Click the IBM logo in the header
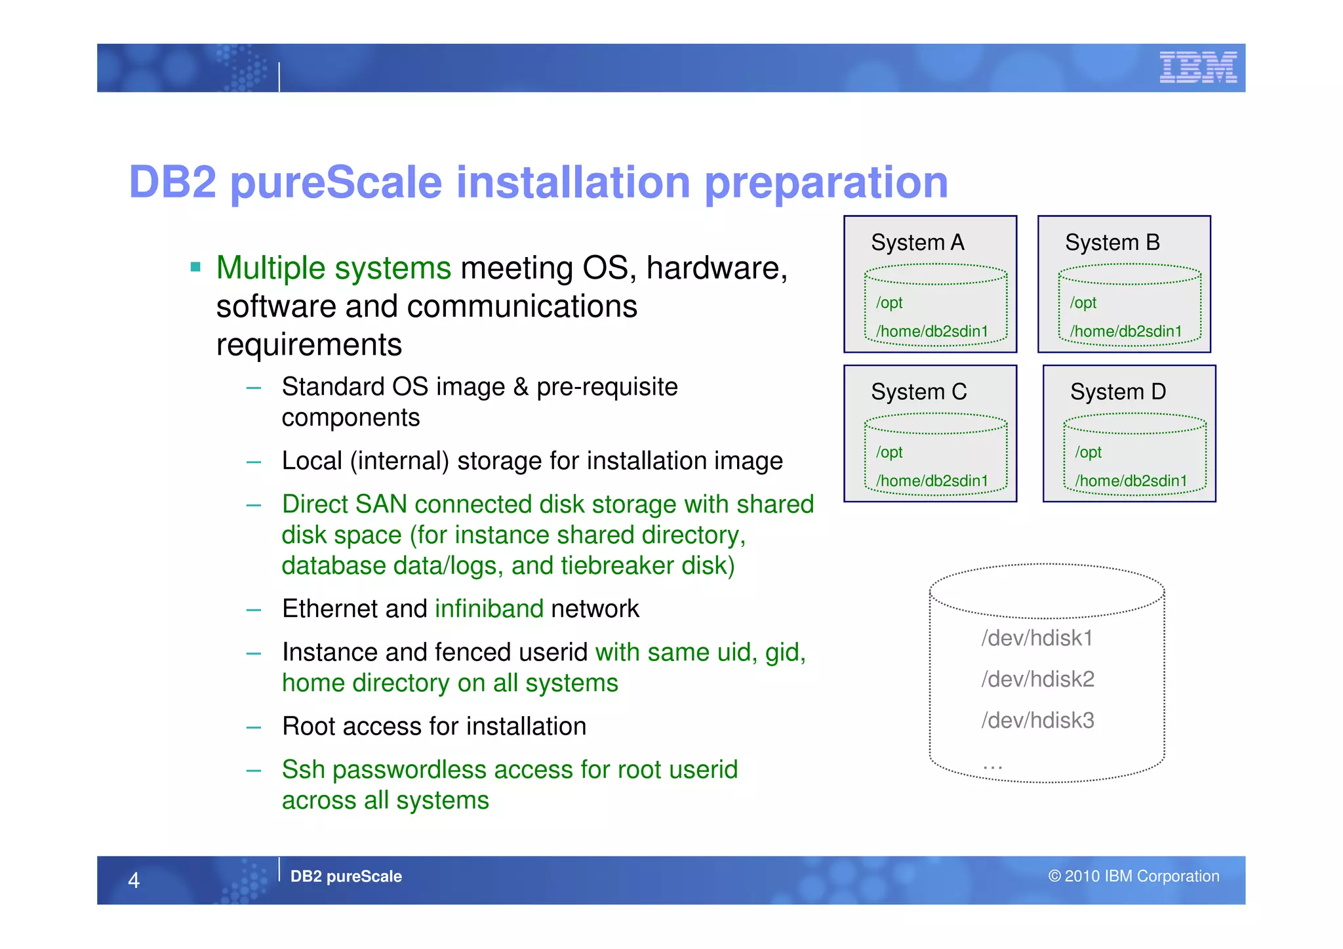1197,68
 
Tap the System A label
917,243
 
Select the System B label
1112,243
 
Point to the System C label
918,392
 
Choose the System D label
1117,392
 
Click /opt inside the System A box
889,303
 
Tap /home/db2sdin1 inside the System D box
1131,481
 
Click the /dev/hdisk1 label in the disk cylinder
1037,638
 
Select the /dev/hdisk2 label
1037,679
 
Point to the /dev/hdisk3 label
1037,721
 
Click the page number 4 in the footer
134,880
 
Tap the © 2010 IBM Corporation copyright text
1133,876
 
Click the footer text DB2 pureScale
346,876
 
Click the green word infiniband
489,609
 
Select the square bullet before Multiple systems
195,267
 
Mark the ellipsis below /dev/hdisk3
992,765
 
